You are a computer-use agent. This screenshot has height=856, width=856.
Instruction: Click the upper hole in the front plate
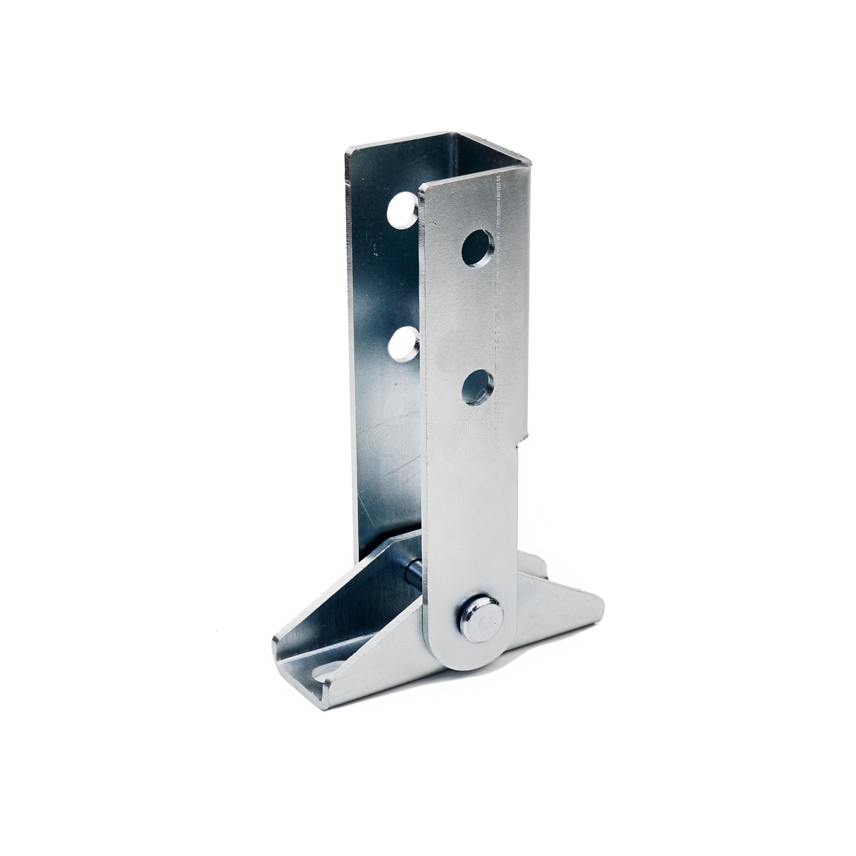[x=478, y=248]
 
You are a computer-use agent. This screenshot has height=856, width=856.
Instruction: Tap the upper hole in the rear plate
[x=403, y=210]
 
